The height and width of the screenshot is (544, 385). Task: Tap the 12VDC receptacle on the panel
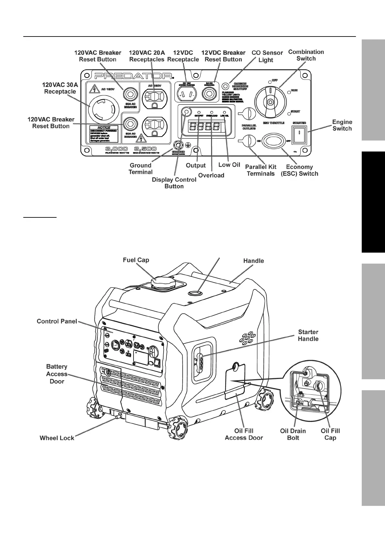[186, 94]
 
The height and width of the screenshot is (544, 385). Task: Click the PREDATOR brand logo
[133, 76]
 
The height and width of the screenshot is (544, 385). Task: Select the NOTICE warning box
[104, 134]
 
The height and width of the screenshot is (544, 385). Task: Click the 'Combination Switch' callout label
[306, 55]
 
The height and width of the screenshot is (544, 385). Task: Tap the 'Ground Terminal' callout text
[140, 169]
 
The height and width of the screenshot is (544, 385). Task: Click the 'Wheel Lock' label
[57, 438]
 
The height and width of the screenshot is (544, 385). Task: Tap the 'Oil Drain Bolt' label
[293, 434]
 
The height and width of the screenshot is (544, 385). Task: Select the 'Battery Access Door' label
[57, 374]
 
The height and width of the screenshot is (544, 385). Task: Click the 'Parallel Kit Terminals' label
[261, 170]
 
